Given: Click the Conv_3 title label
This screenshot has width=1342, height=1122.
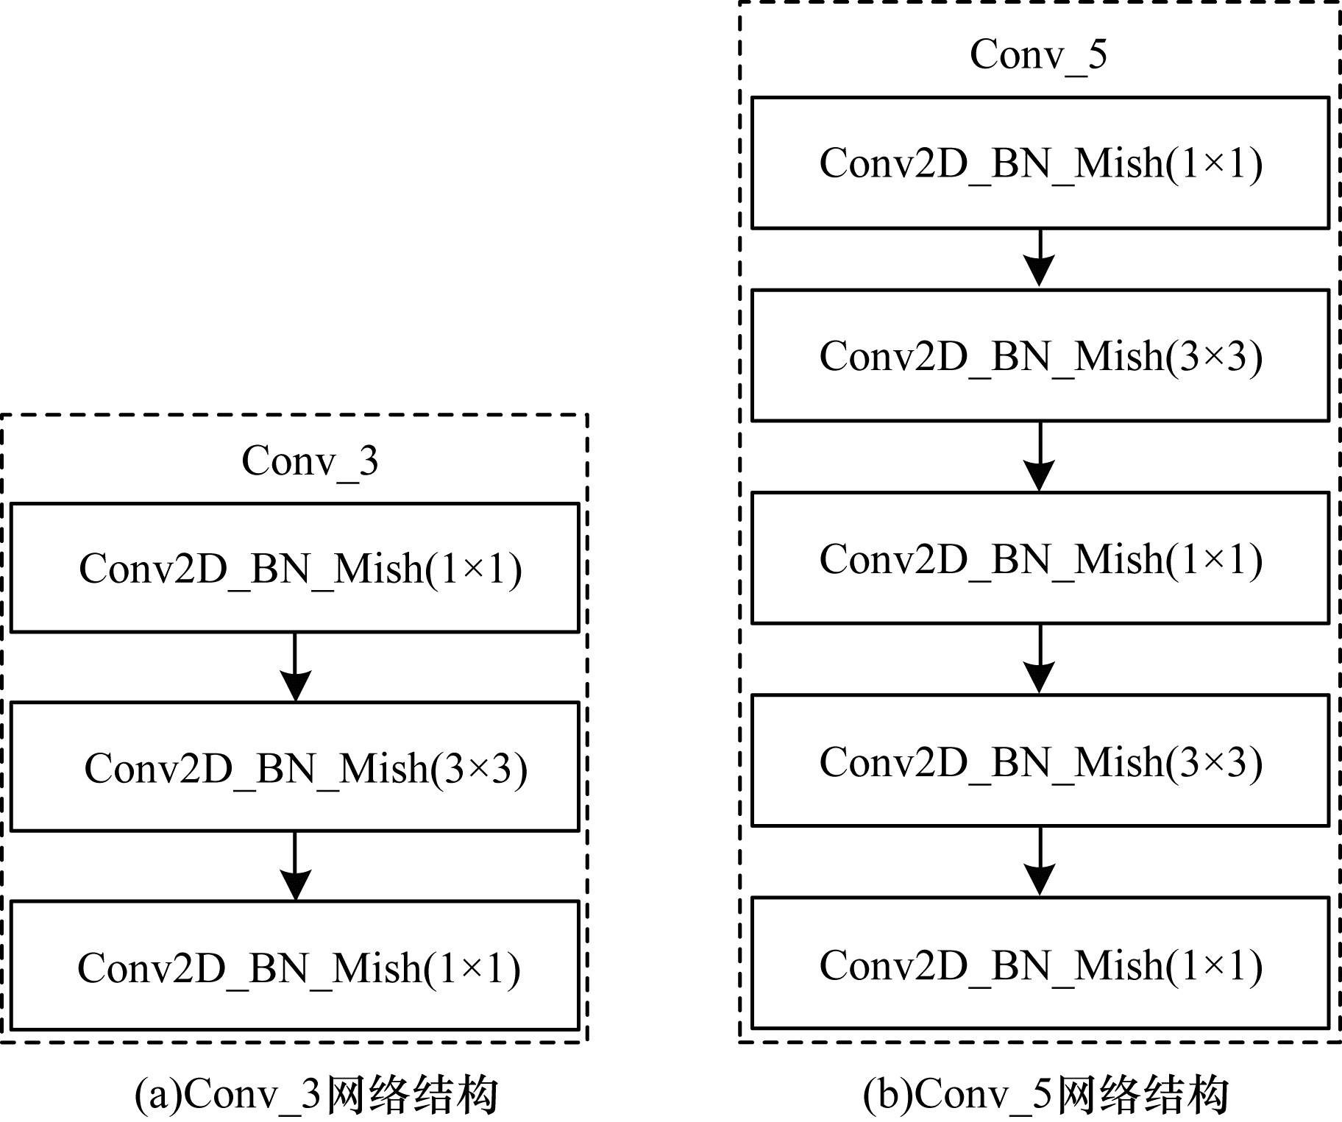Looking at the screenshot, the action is [x=310, y=462].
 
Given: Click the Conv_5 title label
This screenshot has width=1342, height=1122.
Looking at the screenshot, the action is [x=1038, y=55].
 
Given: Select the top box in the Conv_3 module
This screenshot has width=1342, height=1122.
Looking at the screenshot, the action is [x=295, y=567].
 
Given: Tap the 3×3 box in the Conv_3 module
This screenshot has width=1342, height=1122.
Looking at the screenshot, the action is [x=295, y=767].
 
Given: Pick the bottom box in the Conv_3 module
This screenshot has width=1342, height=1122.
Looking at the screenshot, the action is [x=295, y=965].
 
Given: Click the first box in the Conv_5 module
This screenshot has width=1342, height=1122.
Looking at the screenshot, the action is [x=1040, y=163].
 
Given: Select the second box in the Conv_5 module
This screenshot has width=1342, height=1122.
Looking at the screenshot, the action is [x=1040, y=355].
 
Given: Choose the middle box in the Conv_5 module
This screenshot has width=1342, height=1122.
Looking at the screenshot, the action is [x=1040, y=558].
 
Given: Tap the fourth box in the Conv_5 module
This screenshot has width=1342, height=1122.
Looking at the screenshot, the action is [x=1040, y=761].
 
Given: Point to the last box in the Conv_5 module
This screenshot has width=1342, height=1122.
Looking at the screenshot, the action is [x=1040, y=963].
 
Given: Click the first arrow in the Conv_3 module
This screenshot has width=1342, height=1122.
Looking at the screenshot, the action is [x=295, y=667].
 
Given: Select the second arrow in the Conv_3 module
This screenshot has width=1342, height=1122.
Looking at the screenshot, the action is [x=295, y=866].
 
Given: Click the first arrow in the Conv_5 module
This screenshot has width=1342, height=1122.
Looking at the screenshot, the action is [x=1040, y=259].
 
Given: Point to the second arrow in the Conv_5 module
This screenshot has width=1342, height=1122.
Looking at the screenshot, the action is [x=1040, y=457].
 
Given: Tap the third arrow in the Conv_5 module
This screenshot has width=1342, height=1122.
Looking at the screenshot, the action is [x=1040, y=659].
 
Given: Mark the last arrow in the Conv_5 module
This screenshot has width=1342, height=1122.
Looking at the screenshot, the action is [x=1040, y=862].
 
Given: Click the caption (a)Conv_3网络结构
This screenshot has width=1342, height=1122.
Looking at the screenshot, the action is [x=316, y=1095].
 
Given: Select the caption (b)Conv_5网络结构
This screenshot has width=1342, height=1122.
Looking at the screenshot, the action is [x=1046, y=1095].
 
